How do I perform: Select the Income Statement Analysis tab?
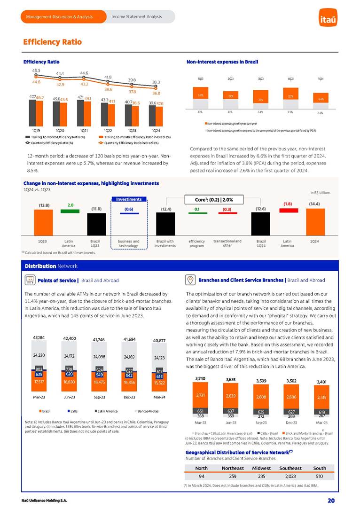(x=137, y=17)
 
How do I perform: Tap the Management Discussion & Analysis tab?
(x=60, y=17)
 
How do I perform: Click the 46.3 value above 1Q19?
(x=36, y=70)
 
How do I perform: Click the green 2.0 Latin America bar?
(x=70, y=210)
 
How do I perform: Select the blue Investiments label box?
(x=128, y=199)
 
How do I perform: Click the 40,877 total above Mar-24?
(x=159, y=340)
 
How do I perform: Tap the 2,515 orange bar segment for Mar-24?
(x=322, y=397)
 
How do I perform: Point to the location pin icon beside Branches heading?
(x=191, y=280)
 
